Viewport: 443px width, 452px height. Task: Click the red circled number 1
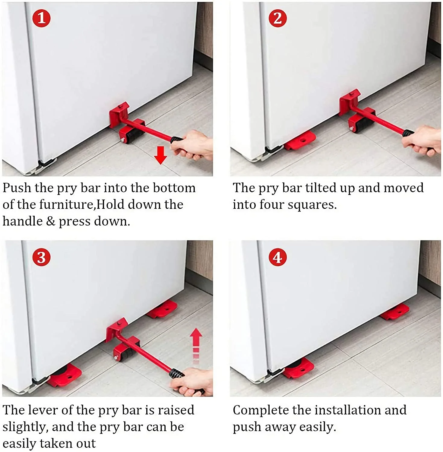coord(41,18)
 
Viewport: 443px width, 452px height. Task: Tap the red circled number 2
coord(277,18)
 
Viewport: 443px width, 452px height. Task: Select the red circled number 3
coord(41,257)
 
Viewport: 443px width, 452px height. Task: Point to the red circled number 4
coord(277,257)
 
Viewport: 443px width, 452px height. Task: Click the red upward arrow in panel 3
coord(196,341)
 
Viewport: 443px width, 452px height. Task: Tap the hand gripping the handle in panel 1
coord(193,146)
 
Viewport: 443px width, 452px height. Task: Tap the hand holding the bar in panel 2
coord(425,140)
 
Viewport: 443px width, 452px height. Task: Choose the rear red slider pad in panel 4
coord(395,312)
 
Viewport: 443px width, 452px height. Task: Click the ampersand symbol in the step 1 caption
coord(51,221)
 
